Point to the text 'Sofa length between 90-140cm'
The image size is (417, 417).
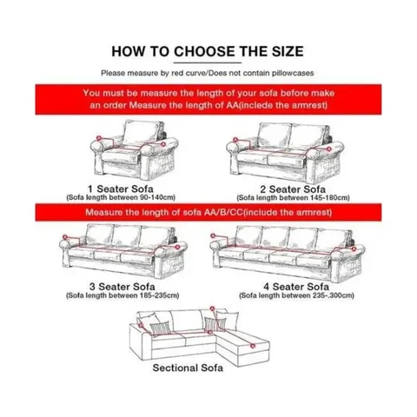(x=121, y=197)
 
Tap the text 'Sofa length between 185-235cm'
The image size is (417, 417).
(x=121, y=295)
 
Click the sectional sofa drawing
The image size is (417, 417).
(x=208, y=334)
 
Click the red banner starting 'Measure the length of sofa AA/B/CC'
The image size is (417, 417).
(x=208, y=213)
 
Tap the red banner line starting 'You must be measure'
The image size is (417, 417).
(x=208, y=91)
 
